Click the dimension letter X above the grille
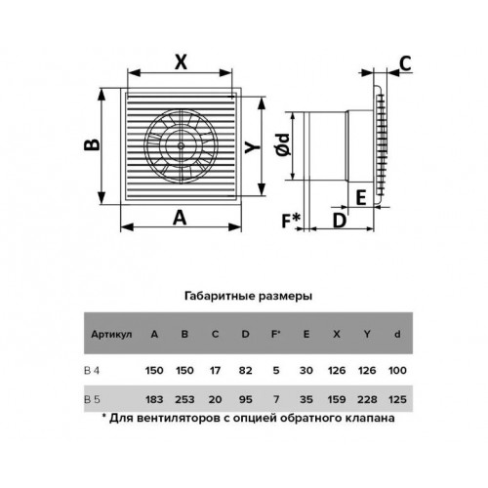coord(181,61)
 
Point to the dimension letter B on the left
coord(92,145)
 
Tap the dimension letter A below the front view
coord(180,218)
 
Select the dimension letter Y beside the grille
coord(253,147)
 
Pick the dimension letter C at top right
coord(405,63)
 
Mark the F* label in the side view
coord(291,221)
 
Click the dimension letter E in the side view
coord(361,197)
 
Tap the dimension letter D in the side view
coord(340,221)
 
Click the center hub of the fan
coord(180,145)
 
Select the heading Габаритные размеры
coord(248,297)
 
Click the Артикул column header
coord(111,334)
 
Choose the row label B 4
coord(92,370)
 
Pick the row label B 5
coord(92,399)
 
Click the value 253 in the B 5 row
coord(184,399)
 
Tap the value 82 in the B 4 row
coord(245,370)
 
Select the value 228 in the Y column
coord(367,399)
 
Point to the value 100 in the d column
coord(397,370)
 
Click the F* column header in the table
coord(276,334)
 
